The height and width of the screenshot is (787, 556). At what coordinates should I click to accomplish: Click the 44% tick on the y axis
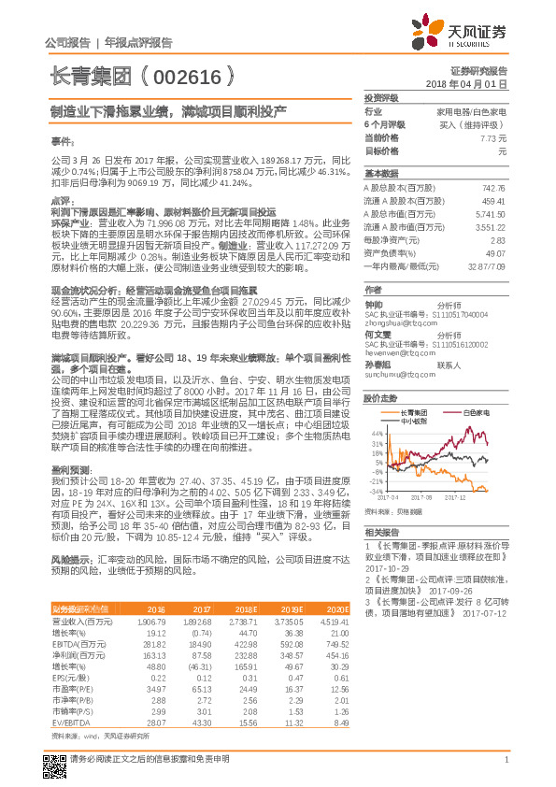[375, 434]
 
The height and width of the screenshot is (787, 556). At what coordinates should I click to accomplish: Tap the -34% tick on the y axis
[375, 491]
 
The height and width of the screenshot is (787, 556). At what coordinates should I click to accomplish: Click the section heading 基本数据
[379, 174]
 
